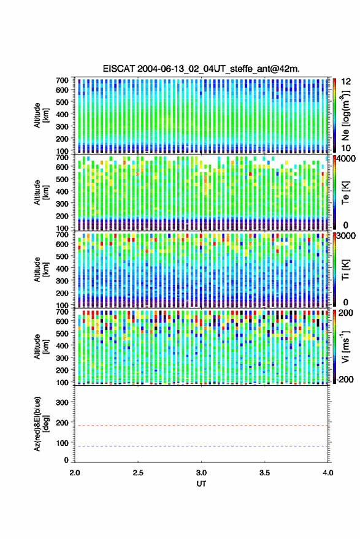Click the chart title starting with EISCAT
pyautogui.click(x=201, y=69)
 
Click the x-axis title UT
pyautogui.click(x=201, y=484)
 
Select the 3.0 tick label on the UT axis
pyautogui.click(x=201, y=473)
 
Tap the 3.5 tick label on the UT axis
pyautogui.click(x=264, y=473)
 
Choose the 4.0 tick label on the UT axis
pyautogui.click(x=327, y=473)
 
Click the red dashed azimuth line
pyautogui.click(x=201, y=426)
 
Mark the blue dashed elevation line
pyautogui.click(x=201, y=446)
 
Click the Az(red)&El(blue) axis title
pyautogui.click(x=41, y=424)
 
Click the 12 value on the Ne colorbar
pyautogui.click(x=347, y=82)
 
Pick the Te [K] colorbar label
pyautogui.click(x=345, y=193)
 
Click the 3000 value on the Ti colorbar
pyautogui.click(x=347, y=236)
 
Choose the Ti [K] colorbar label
pyautogui.click(x=345, y=270)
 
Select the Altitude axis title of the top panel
pyautogui.click(x=41, y=115)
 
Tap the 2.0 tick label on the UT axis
pyautogui.click(x=75, y=473)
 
